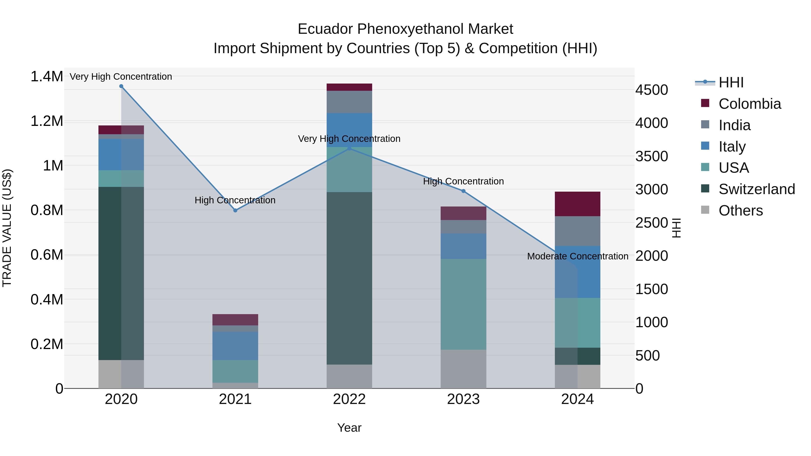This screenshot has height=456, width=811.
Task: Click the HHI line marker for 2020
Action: pyautogui.click(x=121, y=86)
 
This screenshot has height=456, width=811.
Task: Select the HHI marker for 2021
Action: pyautogui.click(x=235, y=210)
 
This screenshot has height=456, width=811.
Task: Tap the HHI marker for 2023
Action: pyautogui.click(x=463, y=191)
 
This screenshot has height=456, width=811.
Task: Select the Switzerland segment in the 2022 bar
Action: pyautogui.click(x=349, y=278)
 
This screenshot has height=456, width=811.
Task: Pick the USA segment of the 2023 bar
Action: pyautogui.click(x=463, y=304)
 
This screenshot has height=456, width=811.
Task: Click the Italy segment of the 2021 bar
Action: pyautogui.click(x=235, y=345)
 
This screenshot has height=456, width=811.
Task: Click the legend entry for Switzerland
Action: pyautogui.click(x=756, y=189)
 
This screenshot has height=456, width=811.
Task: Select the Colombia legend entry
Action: pyautogui.click(x=749, y=104)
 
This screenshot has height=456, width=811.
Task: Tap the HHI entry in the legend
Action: pyautogui.click(x=731, y=82)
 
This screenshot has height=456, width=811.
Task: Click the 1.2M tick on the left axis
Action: pyautogui.click(x=47, y=121)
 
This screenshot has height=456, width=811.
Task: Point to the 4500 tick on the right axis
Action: pyautogui.click(x=651, y=90)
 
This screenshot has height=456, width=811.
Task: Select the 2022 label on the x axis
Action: pyautogui.click(x=349, y=399)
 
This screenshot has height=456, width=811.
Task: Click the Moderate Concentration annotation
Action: pyautogui.click(x=577, y=256)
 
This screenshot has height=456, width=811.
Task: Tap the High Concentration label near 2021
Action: pyautogui.click(x=235, y=200)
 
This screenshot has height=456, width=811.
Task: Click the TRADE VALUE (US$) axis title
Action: pyautogui.click(x=7, y=228)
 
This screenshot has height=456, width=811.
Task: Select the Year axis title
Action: pyautogui.click(x=349, y=428)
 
